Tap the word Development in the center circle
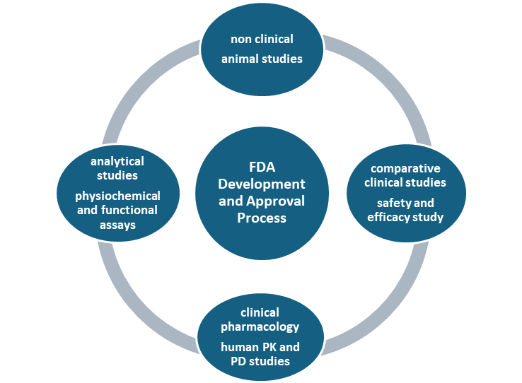click(262, 184)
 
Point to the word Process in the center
click(262, 218)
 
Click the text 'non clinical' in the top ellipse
click(262, 40)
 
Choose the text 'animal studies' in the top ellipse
click(262, 59)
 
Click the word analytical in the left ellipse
click(117, 162)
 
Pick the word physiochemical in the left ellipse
click(117, 196)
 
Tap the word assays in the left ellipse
click(117, 225)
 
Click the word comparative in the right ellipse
click(406, 168)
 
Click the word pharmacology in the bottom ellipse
click(260, 326)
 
